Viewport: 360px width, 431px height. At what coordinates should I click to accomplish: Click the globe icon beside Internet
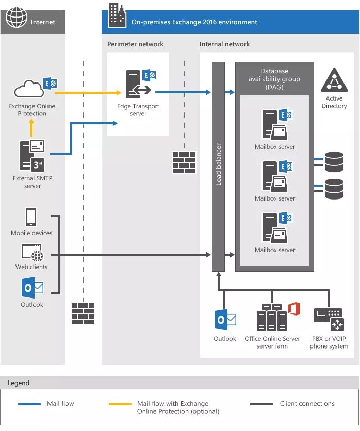coord(16,19)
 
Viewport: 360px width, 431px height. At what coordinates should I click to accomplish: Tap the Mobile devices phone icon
coord(31,217)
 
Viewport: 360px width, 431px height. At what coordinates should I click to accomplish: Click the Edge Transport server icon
coord(138,85)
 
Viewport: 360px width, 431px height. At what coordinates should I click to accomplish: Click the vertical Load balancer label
coord(218,164)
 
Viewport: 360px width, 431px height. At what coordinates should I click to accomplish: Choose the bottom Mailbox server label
coord(275,250)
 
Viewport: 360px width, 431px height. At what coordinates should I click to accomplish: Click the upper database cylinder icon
coord(334,161)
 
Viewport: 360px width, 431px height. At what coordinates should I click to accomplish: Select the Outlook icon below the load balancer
coord(225,320)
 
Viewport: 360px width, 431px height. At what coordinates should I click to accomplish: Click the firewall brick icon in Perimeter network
coord(184,162)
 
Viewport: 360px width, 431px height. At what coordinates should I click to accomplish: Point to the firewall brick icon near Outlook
coord(83,313)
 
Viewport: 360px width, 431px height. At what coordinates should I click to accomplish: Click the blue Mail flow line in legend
coord(29,404)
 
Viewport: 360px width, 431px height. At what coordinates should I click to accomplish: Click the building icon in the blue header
coord(116,15)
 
